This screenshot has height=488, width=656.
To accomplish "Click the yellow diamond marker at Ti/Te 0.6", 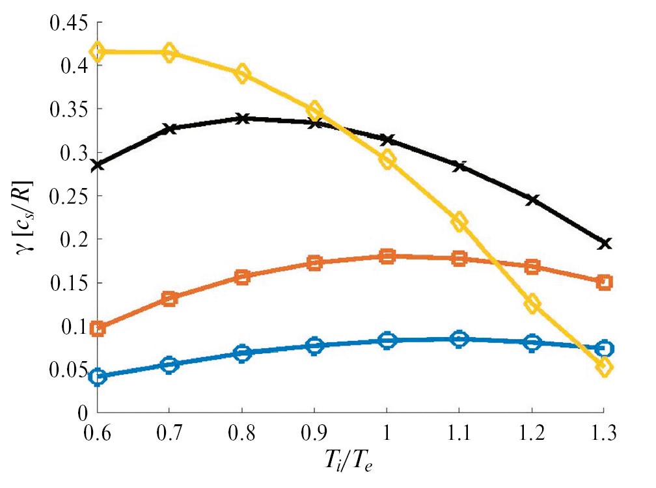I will [98, 51].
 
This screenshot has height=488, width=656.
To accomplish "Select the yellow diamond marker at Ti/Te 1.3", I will [605, 367].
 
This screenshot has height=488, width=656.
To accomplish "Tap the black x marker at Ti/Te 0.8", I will [242, 118].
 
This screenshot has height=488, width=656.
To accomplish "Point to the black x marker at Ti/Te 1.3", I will [605, 243].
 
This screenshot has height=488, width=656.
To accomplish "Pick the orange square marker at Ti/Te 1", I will [387, 256].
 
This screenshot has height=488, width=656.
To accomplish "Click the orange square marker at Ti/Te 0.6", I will [98, 329].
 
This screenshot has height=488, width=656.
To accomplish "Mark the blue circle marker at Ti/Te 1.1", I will [459, 338].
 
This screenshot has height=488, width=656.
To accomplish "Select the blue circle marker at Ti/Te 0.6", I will [98, 377].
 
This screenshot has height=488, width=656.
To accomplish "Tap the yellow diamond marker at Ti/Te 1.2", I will [532, 303].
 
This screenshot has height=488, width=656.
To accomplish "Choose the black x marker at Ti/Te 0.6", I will [98, 165].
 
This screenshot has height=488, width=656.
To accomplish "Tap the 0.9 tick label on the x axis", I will [315, 432].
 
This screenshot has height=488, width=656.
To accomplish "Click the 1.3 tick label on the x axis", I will [605, 432].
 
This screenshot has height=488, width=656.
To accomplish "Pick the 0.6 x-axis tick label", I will [98, 432].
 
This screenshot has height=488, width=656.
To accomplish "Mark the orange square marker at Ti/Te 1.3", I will [605, 282].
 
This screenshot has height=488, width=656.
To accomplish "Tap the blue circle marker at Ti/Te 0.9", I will [315, 346].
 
